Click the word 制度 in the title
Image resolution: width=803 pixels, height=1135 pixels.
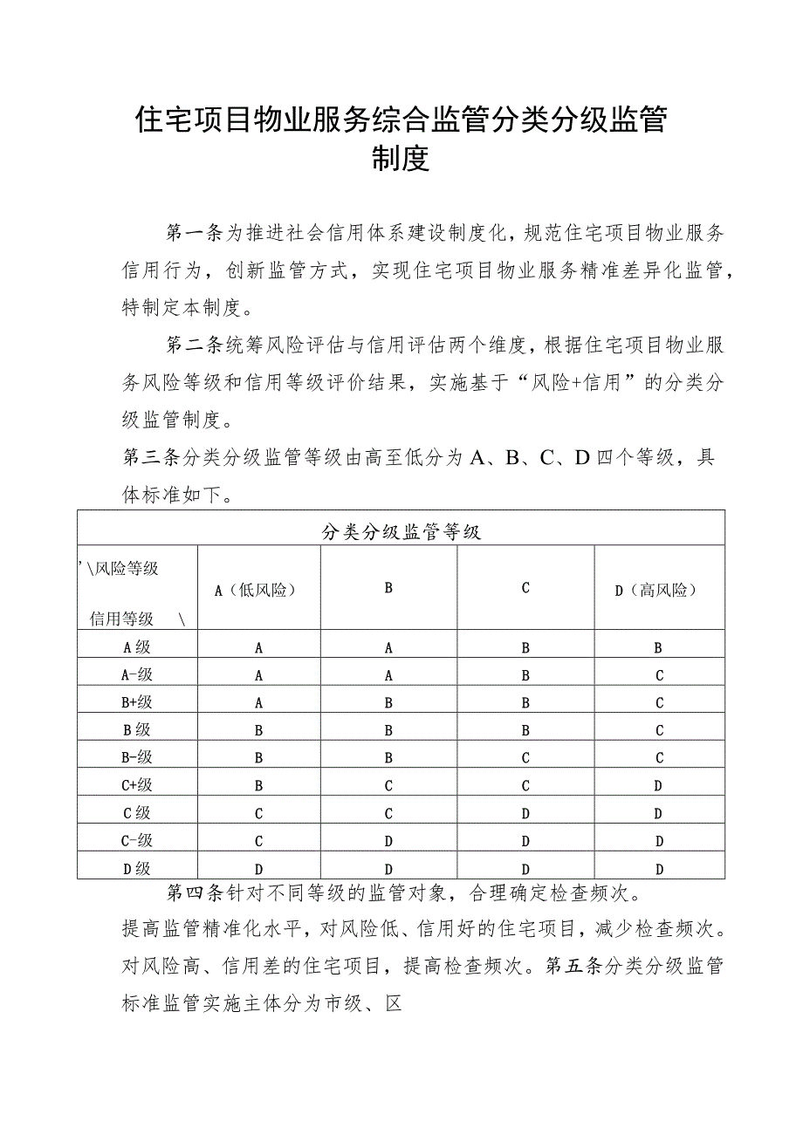[x=401, y=160]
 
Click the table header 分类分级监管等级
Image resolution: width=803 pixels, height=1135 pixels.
[x=401, y=532]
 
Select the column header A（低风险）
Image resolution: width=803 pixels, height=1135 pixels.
[x=258, y=590]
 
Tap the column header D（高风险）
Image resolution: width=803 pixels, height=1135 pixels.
[x=659, y=590]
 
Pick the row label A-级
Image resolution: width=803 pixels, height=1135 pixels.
[x=137, y=674]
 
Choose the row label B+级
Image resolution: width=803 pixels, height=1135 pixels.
[x=137, y=702]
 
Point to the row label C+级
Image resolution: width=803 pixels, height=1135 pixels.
[x=137, y=785]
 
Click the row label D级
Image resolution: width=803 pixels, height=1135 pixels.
[x=137, y=868]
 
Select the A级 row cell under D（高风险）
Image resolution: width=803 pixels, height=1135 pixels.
[x=659, y=647]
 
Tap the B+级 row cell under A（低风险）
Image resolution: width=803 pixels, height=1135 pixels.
[x=258, y=702]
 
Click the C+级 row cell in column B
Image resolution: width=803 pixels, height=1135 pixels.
[x=388, y=785]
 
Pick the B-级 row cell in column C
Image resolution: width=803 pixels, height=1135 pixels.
[x=525, y=758]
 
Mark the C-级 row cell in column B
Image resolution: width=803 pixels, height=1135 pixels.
[x=388, y=841]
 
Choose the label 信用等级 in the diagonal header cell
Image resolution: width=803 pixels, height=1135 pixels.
[x=122, y=619]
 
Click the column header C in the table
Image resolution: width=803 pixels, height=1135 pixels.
[x=525, y=588]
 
